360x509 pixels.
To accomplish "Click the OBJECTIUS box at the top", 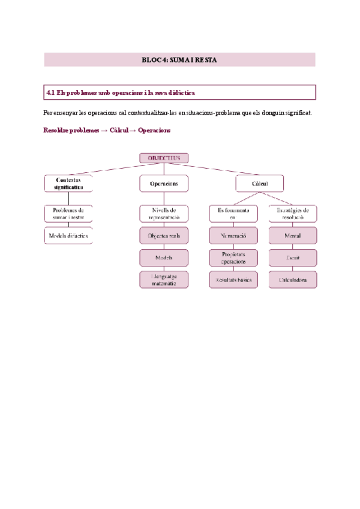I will (164, 158).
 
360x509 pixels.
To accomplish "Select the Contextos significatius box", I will (68, 184).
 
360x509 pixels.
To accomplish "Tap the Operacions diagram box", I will (164, 183).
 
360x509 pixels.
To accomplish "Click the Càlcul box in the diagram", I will (259, 183).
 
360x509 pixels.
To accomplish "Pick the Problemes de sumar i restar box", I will (68, 214).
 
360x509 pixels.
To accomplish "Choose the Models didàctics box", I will (68, 236).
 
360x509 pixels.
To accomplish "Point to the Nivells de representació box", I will (164, 214).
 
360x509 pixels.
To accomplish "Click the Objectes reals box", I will (164, 236).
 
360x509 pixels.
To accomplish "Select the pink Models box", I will (164, 258).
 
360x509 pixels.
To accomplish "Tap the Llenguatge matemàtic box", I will (164, 279).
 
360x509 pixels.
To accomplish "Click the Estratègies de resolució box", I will (293, 214).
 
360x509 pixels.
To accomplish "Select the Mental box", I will (293, 236).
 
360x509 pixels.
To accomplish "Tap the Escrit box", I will (293, 258).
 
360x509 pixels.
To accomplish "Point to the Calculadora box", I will (293, 279).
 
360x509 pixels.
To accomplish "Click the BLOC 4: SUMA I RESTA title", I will (179, 60).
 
